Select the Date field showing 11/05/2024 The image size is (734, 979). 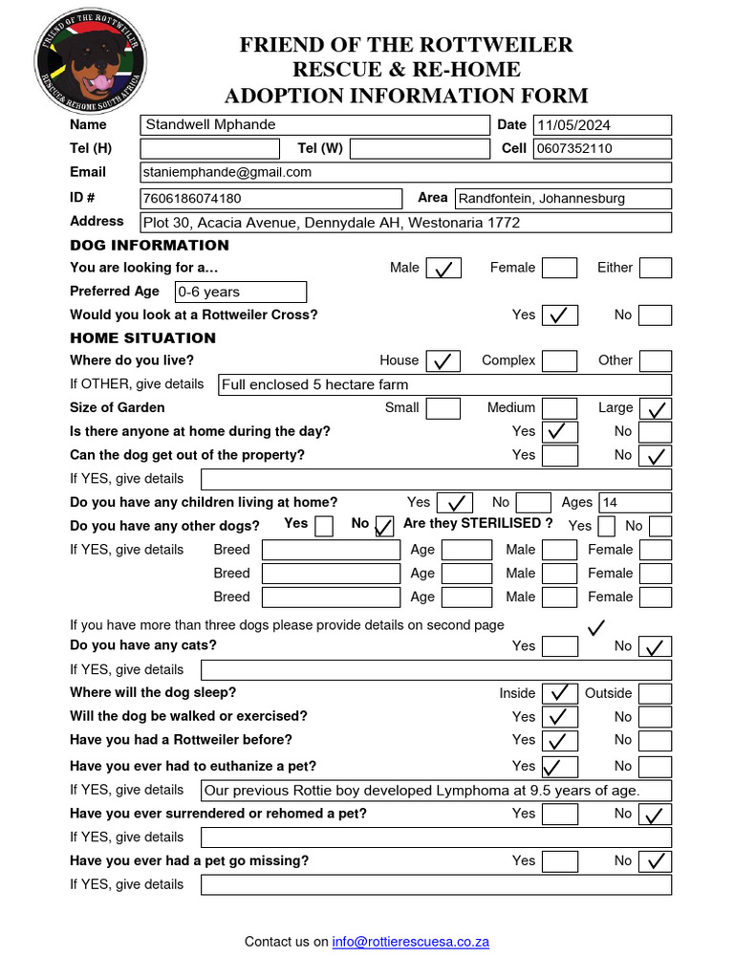[602, 125]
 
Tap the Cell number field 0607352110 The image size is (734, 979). [602, 148]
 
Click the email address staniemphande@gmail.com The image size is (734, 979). [227, 172]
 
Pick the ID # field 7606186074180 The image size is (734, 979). [270, 199]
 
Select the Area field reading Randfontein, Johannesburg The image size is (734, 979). [562, 199]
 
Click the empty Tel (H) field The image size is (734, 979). [209, 148]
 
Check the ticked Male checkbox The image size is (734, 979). [443, 269]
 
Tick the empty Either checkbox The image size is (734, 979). [655, 269]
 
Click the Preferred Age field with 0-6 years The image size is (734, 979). [240, 292]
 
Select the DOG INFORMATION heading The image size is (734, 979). [149, 245]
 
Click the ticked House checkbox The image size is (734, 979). [443, 361]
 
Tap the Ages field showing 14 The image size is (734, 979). [635, 503]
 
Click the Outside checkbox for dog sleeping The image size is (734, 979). [655, 693]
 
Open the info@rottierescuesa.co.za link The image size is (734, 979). [411, 942]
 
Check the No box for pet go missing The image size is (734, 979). [655, 861]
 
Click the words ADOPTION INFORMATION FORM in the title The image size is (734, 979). [406, 96]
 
